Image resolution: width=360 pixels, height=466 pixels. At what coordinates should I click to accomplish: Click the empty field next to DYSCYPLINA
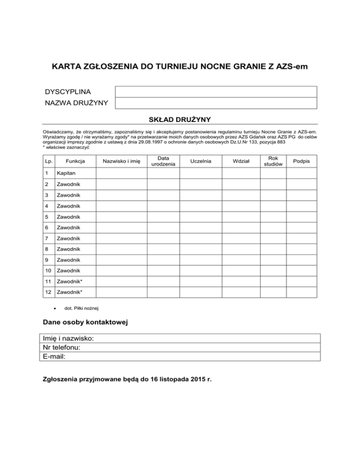216,91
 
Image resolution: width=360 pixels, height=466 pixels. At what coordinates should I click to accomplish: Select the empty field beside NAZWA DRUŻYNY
216,103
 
